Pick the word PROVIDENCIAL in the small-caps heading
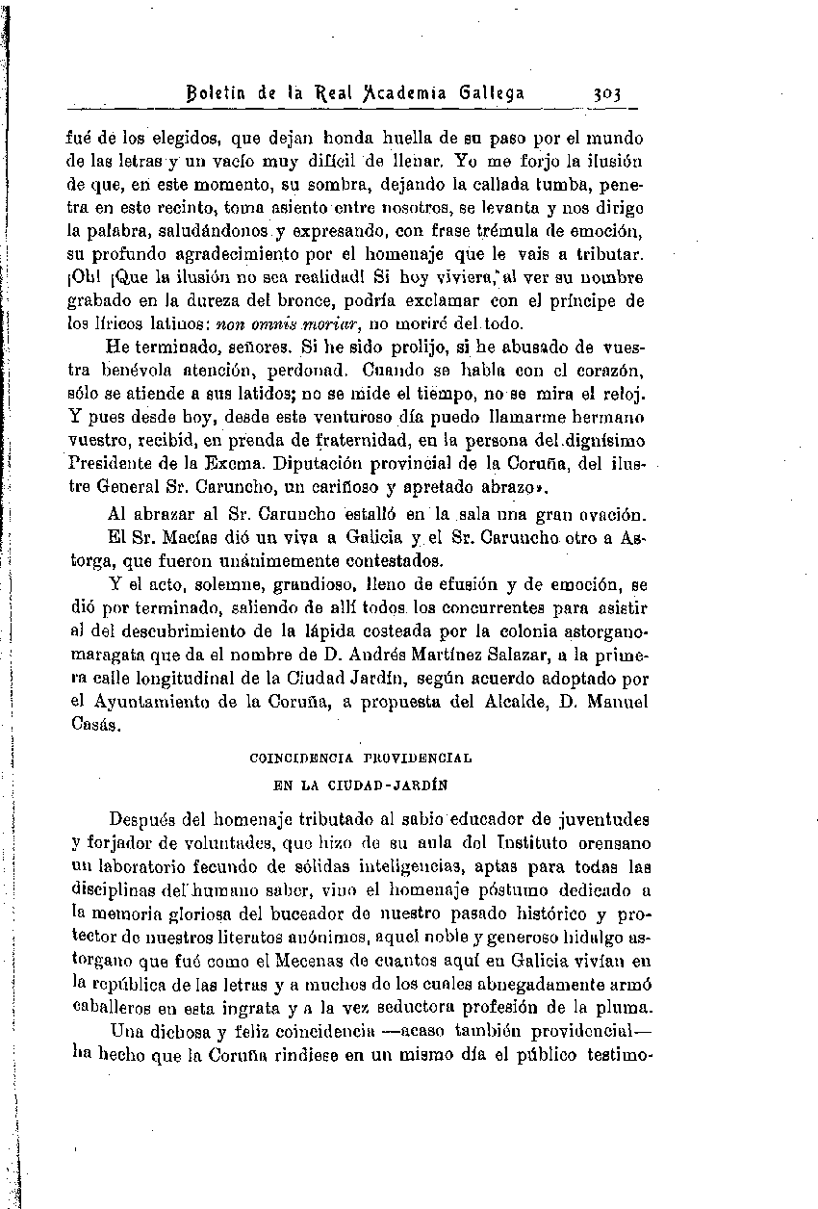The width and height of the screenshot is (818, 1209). (x=422, y=759)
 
